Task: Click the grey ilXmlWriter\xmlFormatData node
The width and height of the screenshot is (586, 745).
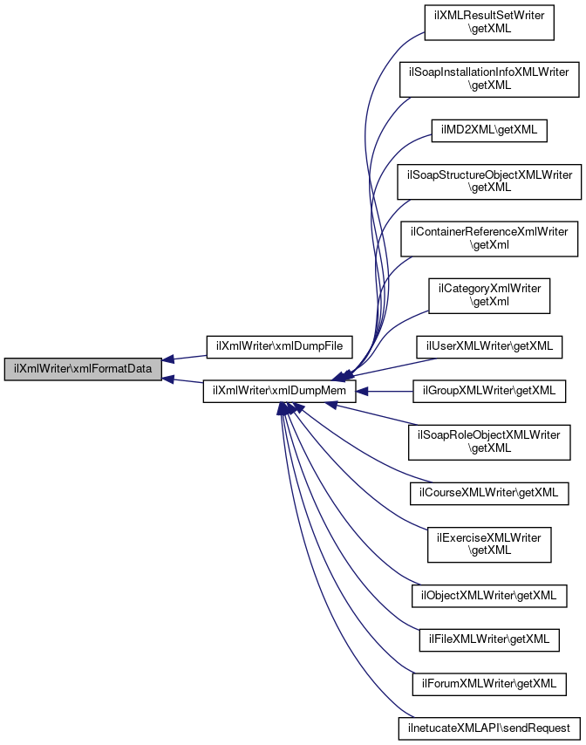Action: click(x=83, y=369)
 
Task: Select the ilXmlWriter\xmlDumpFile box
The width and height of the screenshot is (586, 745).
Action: click(x=279, y=347)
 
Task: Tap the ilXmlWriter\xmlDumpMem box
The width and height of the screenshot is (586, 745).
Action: click(x=279, y=392)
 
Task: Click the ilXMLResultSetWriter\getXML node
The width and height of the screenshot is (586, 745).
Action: click(x=489, y=23)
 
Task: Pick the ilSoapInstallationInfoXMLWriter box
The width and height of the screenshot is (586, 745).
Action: click(x=489, y=79)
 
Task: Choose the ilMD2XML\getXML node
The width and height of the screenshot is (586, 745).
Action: click(x=489, y=131)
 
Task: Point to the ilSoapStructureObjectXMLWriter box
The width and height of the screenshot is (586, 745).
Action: click(x=489, y=181)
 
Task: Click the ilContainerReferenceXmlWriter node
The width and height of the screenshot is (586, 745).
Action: click(x=489, y=238)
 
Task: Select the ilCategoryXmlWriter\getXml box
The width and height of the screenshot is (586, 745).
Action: click(x=489, y=296)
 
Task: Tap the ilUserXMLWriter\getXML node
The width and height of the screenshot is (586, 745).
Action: click(x=489, y=347)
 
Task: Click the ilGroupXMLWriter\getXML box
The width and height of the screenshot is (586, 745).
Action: click(x=489, y=392)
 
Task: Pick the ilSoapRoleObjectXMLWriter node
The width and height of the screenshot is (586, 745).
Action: click(x=489, y=442)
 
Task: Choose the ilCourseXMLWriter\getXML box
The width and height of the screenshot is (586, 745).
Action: click(x=489, y=493)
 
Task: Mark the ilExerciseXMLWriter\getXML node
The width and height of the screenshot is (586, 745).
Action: click(x=489, y=544)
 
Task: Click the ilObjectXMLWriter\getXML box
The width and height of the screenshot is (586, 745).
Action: click(x=489, y=596)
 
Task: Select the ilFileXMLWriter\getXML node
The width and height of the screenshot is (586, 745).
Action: click(x=489, y=640)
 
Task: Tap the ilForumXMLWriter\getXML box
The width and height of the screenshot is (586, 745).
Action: click(x=489, y=685)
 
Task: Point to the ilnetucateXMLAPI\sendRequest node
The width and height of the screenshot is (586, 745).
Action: click(x=489, y=728)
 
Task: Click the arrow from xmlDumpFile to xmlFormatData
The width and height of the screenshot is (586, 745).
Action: click(x=184, y=358)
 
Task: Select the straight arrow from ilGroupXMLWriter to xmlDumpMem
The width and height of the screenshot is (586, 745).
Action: click(x=385, y=392)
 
